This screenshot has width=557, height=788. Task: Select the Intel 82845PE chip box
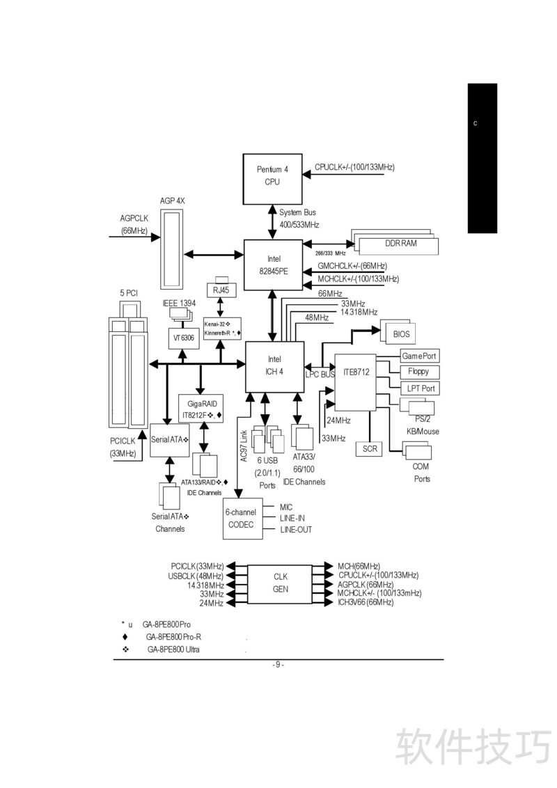pos(273,265)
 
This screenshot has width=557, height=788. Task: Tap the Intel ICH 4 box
pos(274,365)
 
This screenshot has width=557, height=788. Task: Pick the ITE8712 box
pos(356,382)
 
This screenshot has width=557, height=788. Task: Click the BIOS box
pos(401,334)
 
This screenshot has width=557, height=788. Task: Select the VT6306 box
pos(183,337)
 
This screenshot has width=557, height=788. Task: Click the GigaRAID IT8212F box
pos(201,409)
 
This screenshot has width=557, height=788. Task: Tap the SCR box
pos(370,449)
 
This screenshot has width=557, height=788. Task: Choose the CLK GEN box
pos(280,583)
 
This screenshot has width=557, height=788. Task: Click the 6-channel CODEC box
pos(241,519)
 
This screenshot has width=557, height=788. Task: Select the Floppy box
pos(418,372)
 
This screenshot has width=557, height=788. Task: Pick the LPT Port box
pos(421,388)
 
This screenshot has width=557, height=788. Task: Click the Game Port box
pos(418,356)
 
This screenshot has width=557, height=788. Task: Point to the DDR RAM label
pos(400,244)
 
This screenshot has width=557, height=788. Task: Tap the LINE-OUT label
pos(296,530)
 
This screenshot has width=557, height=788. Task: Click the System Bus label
pos(297,212)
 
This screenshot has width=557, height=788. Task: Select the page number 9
pos(278,665)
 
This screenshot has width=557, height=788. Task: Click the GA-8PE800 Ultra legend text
pos(173,649)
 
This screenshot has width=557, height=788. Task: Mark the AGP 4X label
pos(172,200)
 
